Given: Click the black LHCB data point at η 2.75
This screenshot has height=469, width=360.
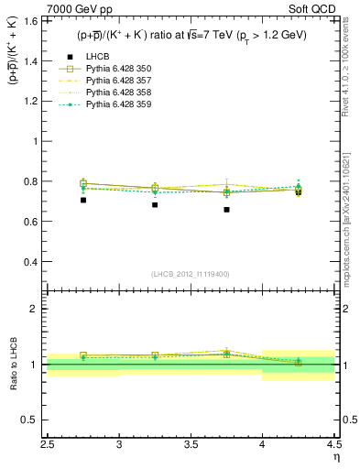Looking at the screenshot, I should pos(83,200).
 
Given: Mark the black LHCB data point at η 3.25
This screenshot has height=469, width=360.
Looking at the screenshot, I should pos(155,204).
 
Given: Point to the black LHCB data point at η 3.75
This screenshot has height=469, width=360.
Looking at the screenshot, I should pos(226,210).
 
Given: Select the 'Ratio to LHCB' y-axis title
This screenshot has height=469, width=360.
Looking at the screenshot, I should pos(13,364).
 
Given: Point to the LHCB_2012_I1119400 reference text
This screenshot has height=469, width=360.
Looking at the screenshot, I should pos(191,274).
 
